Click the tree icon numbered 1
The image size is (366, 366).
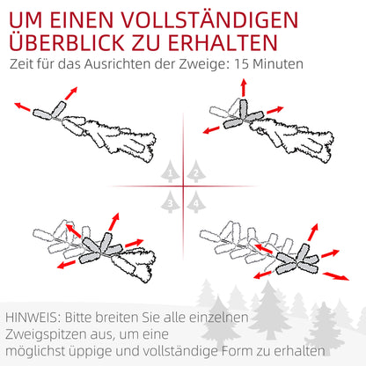click(x=172, y=172)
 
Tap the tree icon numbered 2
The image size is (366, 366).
click(x=194, y=172)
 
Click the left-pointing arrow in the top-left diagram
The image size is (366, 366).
click(x=22, y=106)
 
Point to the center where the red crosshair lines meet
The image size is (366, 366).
click(x=183, y=187)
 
